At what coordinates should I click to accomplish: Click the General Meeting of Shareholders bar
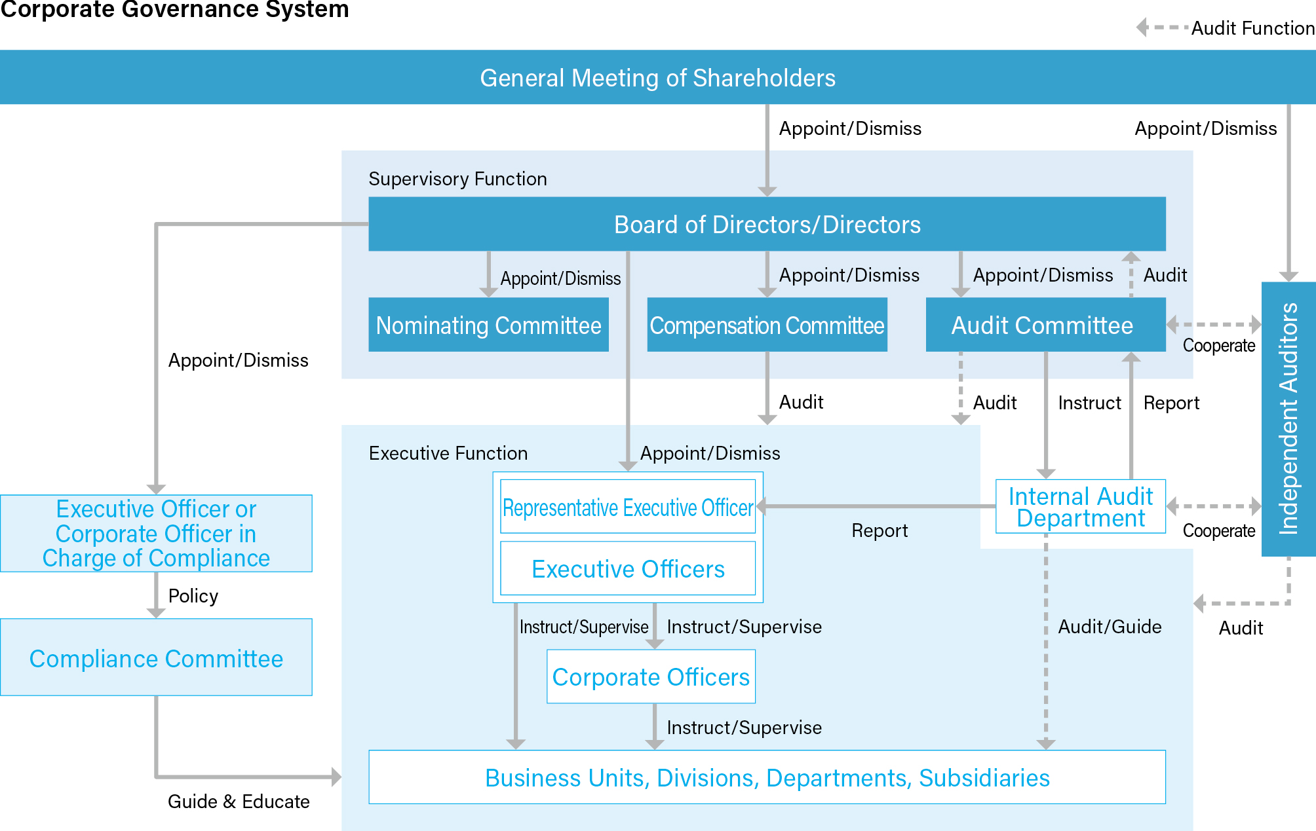[x=657, y=78]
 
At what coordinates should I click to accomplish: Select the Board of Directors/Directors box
[x=767, y=225]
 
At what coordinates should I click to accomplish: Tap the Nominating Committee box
[x=488, y=325]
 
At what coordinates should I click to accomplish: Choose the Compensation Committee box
[x=767, y=325]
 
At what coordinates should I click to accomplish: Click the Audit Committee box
[x=1045, y=325]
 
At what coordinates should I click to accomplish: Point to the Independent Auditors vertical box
[x=1288, y=419]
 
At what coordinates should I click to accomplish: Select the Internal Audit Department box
[x=1080, y=507]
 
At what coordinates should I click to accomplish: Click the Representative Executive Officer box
[x=628, y=508]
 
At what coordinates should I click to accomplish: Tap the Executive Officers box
[x=628, y=569]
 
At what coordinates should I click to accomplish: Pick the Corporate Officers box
[x=651, y=677]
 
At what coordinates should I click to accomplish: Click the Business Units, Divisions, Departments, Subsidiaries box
[x=767, y=778]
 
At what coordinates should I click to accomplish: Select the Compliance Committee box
[x=156, y=658]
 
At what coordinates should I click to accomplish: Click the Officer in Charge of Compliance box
[x=156, y=534]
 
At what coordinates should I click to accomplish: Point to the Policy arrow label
[x=193, y=596]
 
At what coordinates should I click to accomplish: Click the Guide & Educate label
[x=239, y=802]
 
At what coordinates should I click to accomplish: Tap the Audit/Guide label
[x=1110, y=627]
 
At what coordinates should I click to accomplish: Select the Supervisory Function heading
[x=457, y=179]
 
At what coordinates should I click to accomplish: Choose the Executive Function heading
[x=448, y=453]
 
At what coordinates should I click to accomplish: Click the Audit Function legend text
[x=1252, y=28]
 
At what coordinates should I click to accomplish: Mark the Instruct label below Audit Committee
[x=1089, y=403]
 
